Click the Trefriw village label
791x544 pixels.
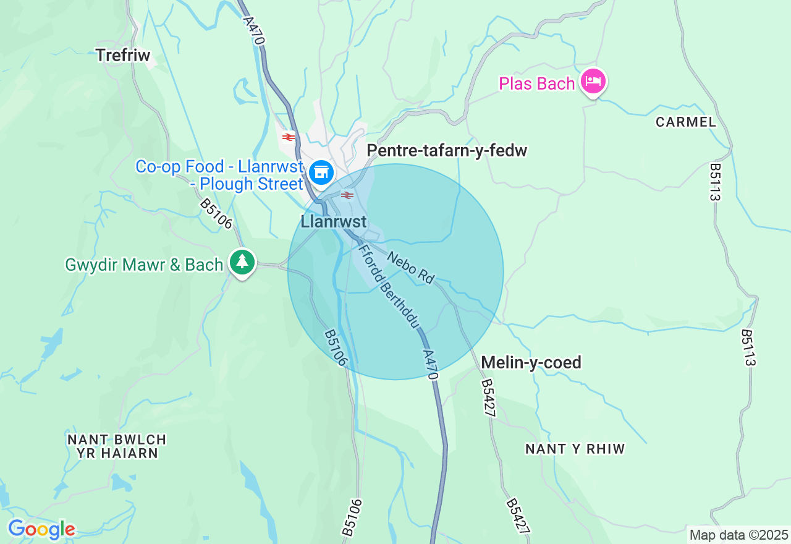pyautogui.click(x=123, y=55)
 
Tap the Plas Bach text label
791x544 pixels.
pyautogui.click(x=536, y=83)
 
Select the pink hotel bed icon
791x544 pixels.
pyautogui.click(x=593, y=82)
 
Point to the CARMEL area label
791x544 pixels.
pyautogui.click(x=686, y=122)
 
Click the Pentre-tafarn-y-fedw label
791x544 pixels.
pyautogui.click(x=447, y=151)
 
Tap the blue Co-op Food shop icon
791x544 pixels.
pyautogui.click(x=321, y=172)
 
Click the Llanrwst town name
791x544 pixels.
pyautogui.click(x=333, y=222)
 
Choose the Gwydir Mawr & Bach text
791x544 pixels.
pyautogui.click(x=144, y=265)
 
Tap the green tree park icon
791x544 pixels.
pyautogui.click(x=242, y=262)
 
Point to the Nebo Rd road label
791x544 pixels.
pyautogui.click(x=411, y=268)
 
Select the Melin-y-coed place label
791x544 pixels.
pyautogui.click(x=531, y=362)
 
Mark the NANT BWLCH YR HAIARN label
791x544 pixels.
pyautogui.click(x=117, y=446)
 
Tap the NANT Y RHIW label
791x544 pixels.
pyautogui.click(x=575, y=449)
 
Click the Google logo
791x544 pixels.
pyautogui.click(x=41, y=530)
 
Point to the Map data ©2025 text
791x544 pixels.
pyautogui.click(x=738, y=535)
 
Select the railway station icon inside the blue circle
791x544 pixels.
pyautogui.click(x=347, y=195)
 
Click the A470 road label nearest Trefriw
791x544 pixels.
pyautogui.click(x=254, y=30)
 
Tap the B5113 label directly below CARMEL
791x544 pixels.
pyautogui.click(x=715, y=182)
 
